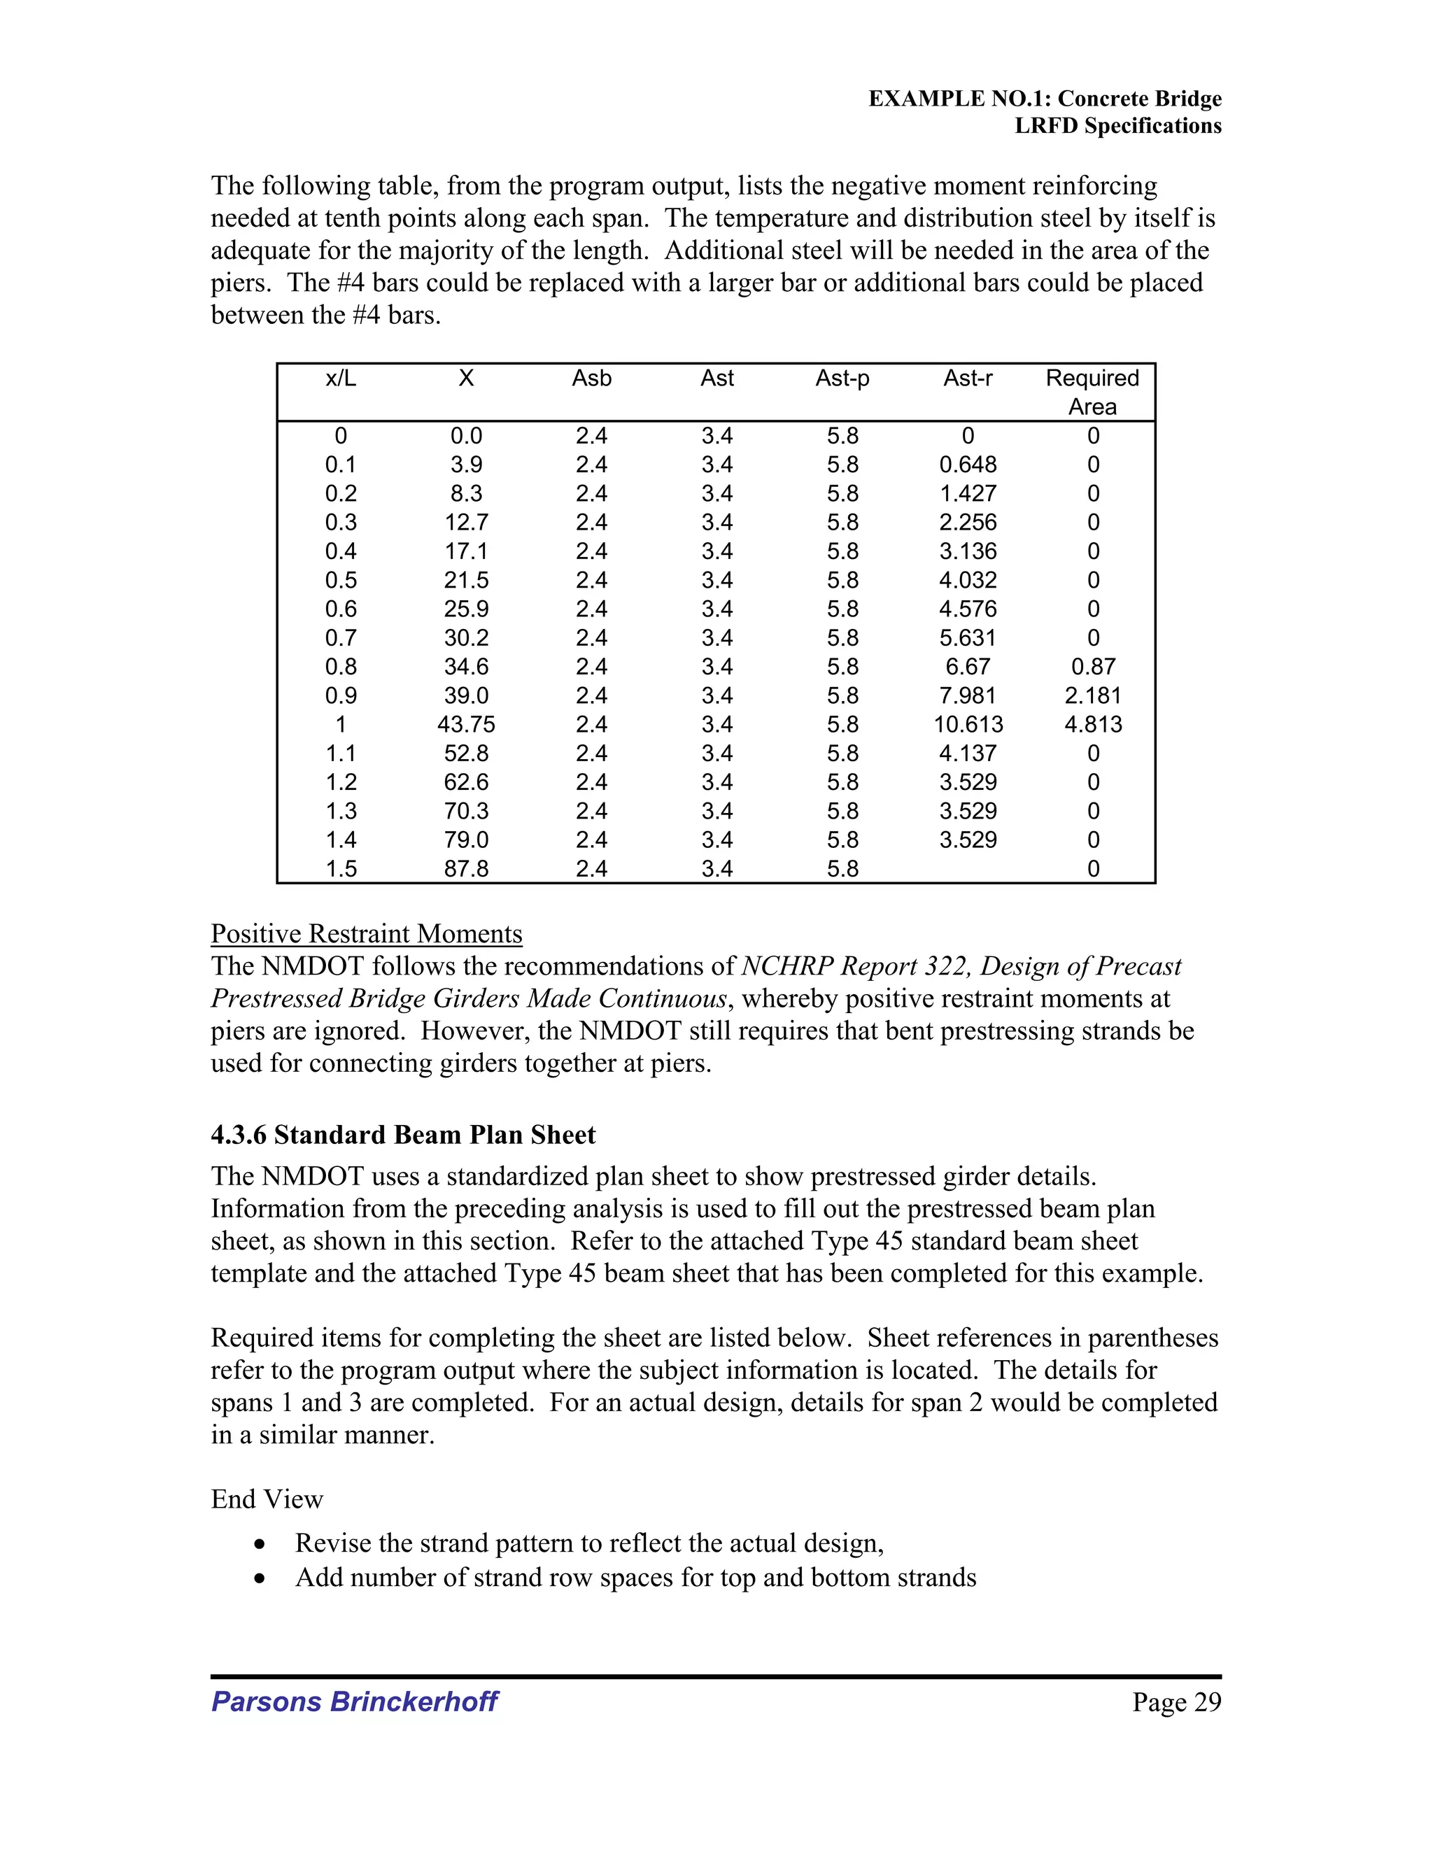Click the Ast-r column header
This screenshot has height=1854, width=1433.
click(967, 378)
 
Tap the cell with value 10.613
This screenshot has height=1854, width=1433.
click(968, 724)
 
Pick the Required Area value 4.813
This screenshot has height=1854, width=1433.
click(1092, 724)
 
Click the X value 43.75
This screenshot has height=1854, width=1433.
click(466, 724)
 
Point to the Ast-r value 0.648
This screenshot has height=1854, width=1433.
click(968, 465)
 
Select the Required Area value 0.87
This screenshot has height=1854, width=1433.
click(1092, 666)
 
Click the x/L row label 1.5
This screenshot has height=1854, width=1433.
click(341, 868)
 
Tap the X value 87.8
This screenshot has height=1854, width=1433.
click(466, 868)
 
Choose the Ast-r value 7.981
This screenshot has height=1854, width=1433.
click(968, 695)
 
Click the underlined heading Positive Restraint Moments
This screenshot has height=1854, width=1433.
click(366, 934)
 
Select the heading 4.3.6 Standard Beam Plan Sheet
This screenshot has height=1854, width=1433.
click(403, 1135)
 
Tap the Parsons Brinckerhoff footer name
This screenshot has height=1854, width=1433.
click(354, 1701)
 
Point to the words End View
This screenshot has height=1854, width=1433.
click(267, 1499)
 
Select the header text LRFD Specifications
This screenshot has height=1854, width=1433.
click(1118, 127)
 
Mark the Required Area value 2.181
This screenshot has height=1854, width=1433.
click(1092, 695)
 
